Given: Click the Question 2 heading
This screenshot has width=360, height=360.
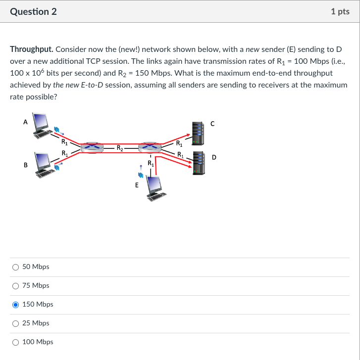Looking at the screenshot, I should pyautogui.click(x=33, y=11).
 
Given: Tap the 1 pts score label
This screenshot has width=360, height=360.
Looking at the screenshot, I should pyautogui.click(x=340, y=11).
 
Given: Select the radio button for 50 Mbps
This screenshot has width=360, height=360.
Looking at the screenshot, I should pyautogui.click(x=16, y=267).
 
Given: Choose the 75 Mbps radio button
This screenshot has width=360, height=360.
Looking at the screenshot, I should pyautogui.click(x=16, y=286).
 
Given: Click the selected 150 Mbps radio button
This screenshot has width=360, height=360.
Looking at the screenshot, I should pyautogui.click(x=16, y=305).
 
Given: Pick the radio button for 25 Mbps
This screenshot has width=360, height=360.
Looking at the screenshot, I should pyautogui.click(x=16, y=323).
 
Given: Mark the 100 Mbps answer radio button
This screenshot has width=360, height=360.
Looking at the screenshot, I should pyautogui.click(x=16, y=342).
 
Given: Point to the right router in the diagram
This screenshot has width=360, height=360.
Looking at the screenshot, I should pyautogui.click(x=150, y=147).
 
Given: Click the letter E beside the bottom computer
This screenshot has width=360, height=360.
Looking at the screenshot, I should pyautogui.click(x=137, y=186).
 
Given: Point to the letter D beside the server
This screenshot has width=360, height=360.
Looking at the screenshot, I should pyautogui.click(x=214, y=158).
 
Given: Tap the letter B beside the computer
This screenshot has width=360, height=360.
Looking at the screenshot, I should pyautogui.click(x=25, y=165).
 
